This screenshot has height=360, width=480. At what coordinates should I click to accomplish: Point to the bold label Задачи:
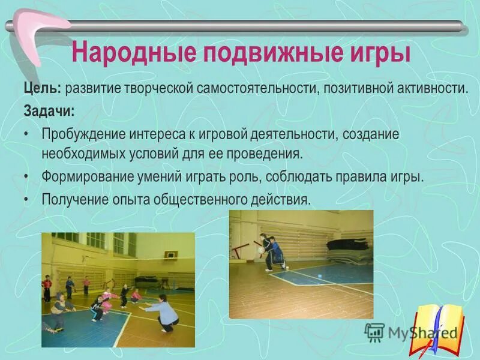pos(50,112)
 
